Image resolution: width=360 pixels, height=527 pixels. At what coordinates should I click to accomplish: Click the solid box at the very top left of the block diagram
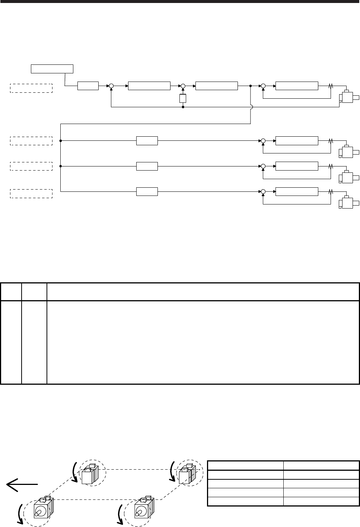[52, 69]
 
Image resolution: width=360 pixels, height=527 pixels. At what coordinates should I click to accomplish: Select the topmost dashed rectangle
[31, 88]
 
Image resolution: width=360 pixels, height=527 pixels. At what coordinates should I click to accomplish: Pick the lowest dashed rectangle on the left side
[31, 194]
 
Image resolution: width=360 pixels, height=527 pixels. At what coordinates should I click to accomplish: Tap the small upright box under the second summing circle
[183, 98]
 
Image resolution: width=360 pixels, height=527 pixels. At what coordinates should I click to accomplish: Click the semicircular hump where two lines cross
[251, 107]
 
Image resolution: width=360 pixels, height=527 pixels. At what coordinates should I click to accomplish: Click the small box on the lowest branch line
[147, 192]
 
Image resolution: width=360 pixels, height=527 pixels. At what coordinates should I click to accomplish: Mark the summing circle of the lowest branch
[263, 192]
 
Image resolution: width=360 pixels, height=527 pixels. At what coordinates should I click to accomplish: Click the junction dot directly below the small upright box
[183, 107]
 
